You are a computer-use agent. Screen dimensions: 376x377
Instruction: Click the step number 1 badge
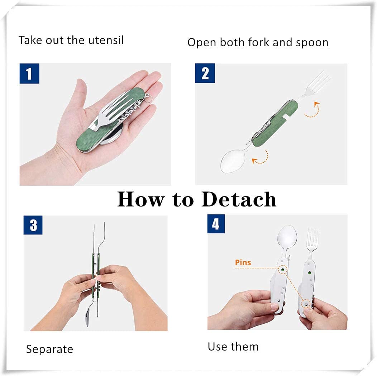click(x=29, y=73)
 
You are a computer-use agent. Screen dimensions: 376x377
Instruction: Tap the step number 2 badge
click(x=205, y=73)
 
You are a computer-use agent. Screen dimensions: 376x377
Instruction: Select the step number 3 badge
click(x=33, y=225)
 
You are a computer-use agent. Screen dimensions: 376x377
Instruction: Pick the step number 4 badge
click(x=216, y=224)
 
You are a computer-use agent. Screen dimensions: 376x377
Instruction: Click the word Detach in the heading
click(x=239, y=199)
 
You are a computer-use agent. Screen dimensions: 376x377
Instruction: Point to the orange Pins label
click(x=243, y=263)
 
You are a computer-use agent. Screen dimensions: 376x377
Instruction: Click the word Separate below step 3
click(x=49, y=349)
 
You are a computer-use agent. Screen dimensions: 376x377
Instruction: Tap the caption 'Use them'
click(x=233, y=347)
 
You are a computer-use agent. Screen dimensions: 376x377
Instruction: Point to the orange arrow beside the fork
click(x=312, y=110)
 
